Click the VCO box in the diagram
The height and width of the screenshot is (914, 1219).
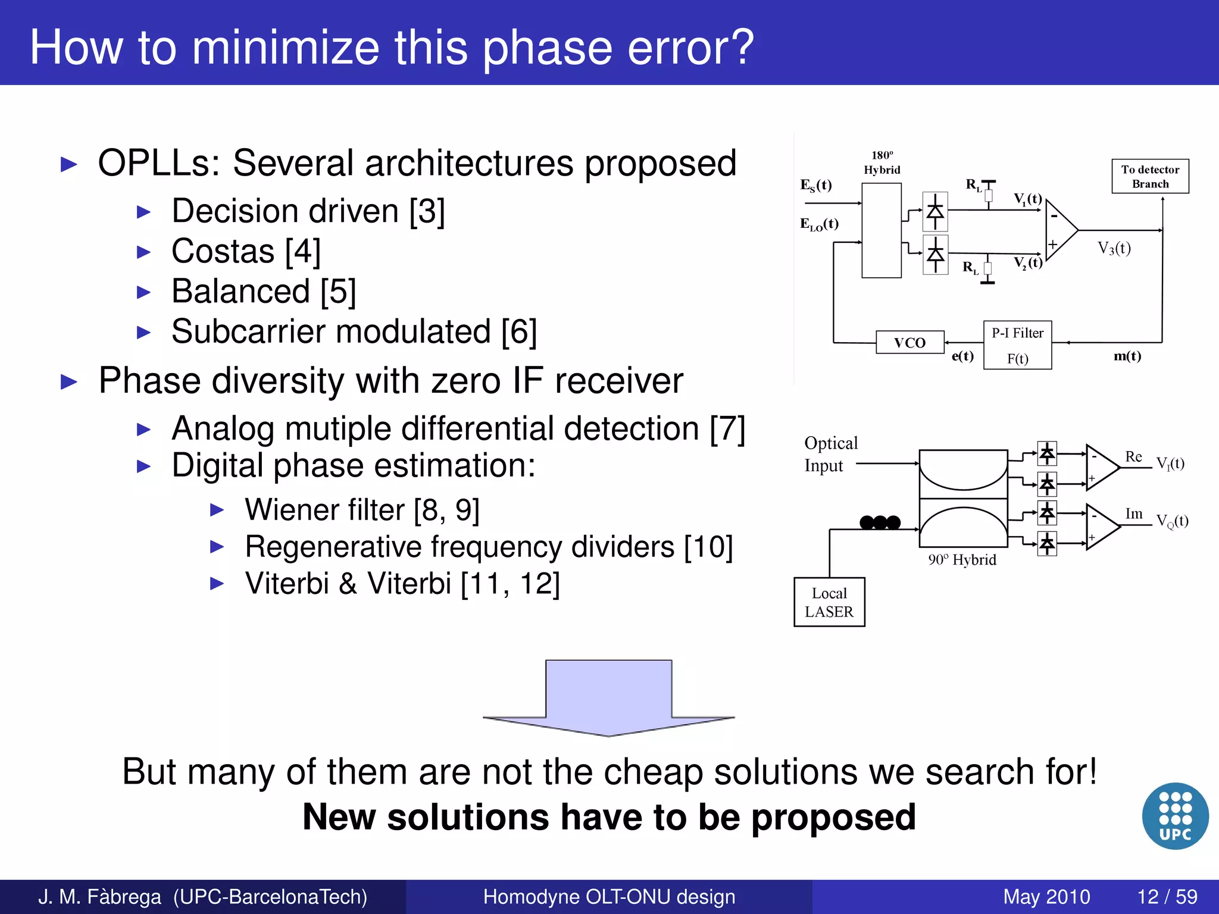click(909, 342)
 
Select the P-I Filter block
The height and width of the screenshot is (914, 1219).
click(1017, 345)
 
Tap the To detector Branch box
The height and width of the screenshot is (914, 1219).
click(1150, 176)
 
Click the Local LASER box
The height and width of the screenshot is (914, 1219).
click(829, 602)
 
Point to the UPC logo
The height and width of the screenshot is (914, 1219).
click(1175, 816)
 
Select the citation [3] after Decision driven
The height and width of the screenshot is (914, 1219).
click(427, 211)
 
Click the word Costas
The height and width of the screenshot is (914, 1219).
click(223, 251)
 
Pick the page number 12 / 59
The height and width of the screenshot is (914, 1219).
click(1167, 896)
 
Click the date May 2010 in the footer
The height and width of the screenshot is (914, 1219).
click(1046, 896)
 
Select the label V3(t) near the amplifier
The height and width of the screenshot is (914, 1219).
click(1114, 248)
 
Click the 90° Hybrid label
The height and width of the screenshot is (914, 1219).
click(962, 560)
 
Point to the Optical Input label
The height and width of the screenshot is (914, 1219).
click(830, 454)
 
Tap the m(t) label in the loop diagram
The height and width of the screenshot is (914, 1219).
click(1127, 356)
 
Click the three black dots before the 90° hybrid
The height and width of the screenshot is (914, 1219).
click(880, 522)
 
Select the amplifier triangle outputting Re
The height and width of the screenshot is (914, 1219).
click(1101, 468)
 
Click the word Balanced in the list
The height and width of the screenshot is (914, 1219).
click(240, 292)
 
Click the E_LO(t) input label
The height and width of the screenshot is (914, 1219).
click(819, 224)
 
